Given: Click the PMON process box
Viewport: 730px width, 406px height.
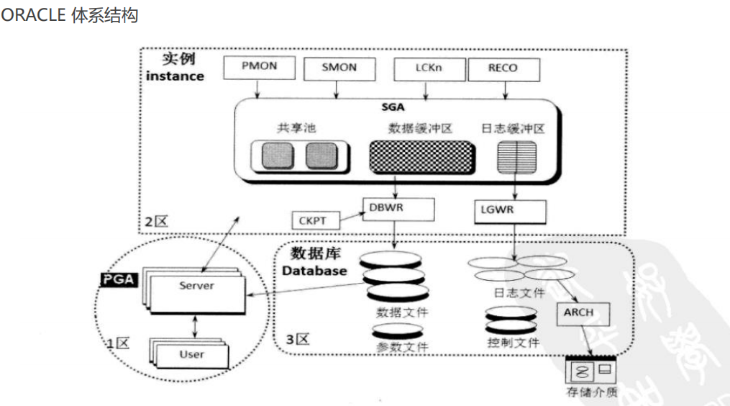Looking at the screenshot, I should [259, 68].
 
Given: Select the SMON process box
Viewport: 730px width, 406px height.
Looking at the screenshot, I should [339, 68].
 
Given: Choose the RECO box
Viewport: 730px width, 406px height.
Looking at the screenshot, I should [502, 68].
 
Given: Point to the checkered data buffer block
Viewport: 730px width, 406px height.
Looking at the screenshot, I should [423, 156].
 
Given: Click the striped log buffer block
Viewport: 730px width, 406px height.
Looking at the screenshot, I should [516, 156].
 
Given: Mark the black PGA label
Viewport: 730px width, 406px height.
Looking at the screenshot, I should [119, 279].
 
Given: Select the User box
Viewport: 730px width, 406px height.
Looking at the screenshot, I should [192, 354].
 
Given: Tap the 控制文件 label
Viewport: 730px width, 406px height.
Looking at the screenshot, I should [513, 343].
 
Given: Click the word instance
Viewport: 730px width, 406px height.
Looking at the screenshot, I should [175, 76].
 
